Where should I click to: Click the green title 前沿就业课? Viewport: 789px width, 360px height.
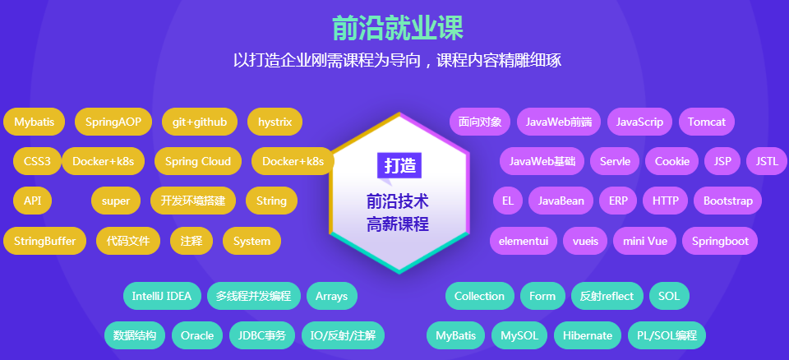[x=398, y=28]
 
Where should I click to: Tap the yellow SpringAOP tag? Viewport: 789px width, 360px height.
[x=113, y=122]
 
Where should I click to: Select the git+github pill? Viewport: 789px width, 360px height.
[x=199, y=122]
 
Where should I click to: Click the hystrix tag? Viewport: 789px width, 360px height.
[x=275, y=122]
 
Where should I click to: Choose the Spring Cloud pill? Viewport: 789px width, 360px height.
[x=198, y=161]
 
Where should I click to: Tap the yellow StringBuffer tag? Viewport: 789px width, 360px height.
[x=44, y=241]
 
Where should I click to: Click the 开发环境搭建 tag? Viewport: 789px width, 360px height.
[x=192, y=201]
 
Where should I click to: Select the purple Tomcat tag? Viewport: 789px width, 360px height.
[x=707, y=122]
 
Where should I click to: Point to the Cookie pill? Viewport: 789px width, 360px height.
[x=671, y=161]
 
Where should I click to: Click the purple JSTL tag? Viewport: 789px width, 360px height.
[x=768, y=161]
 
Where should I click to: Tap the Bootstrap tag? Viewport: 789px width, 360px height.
[x=727, y=201]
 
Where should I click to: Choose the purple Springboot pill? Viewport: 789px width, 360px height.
[x=720, y=241]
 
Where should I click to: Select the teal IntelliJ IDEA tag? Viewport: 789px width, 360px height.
[x=162, y=296]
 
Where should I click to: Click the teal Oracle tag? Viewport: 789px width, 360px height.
[x=197, y=335]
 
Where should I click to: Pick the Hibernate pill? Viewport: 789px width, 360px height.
[x=588, y=335]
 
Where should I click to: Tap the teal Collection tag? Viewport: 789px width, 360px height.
[x=479, y=296]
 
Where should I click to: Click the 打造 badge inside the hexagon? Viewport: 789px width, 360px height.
[x=399, y=165]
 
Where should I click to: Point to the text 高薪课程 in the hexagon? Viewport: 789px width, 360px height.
[x=398, y=225]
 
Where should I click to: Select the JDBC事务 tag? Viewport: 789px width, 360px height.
[x=262, y=335]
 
